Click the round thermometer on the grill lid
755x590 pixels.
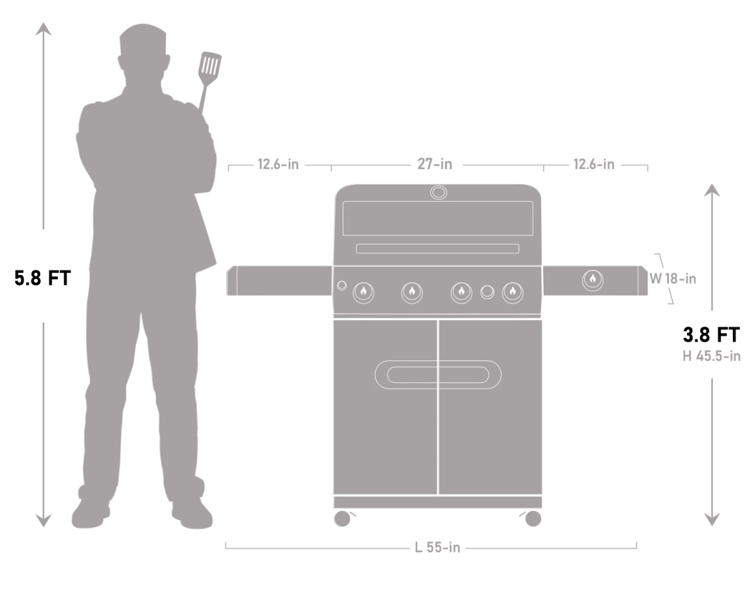(x=439, y=192)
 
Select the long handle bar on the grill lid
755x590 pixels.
(x=437, y=248)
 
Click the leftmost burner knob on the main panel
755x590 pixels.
(x=363, y=292)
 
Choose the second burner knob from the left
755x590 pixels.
(x=411, y=292)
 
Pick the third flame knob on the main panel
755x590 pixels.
(x=461, y=292)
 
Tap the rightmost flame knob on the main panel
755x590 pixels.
(x=513, y=292)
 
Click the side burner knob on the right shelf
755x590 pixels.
(x=592, y=280)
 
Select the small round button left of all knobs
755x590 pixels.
(x=342, y=286)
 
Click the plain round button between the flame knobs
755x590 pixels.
(x=487, y=292)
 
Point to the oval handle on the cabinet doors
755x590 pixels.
(x=438, y=375)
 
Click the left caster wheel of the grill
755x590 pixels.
(x=343, y=518)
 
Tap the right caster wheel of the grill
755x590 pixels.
(x=533, y=518)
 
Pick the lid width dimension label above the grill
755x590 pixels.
(x=435, y=165)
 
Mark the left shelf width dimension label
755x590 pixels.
(x=277, y=165)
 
